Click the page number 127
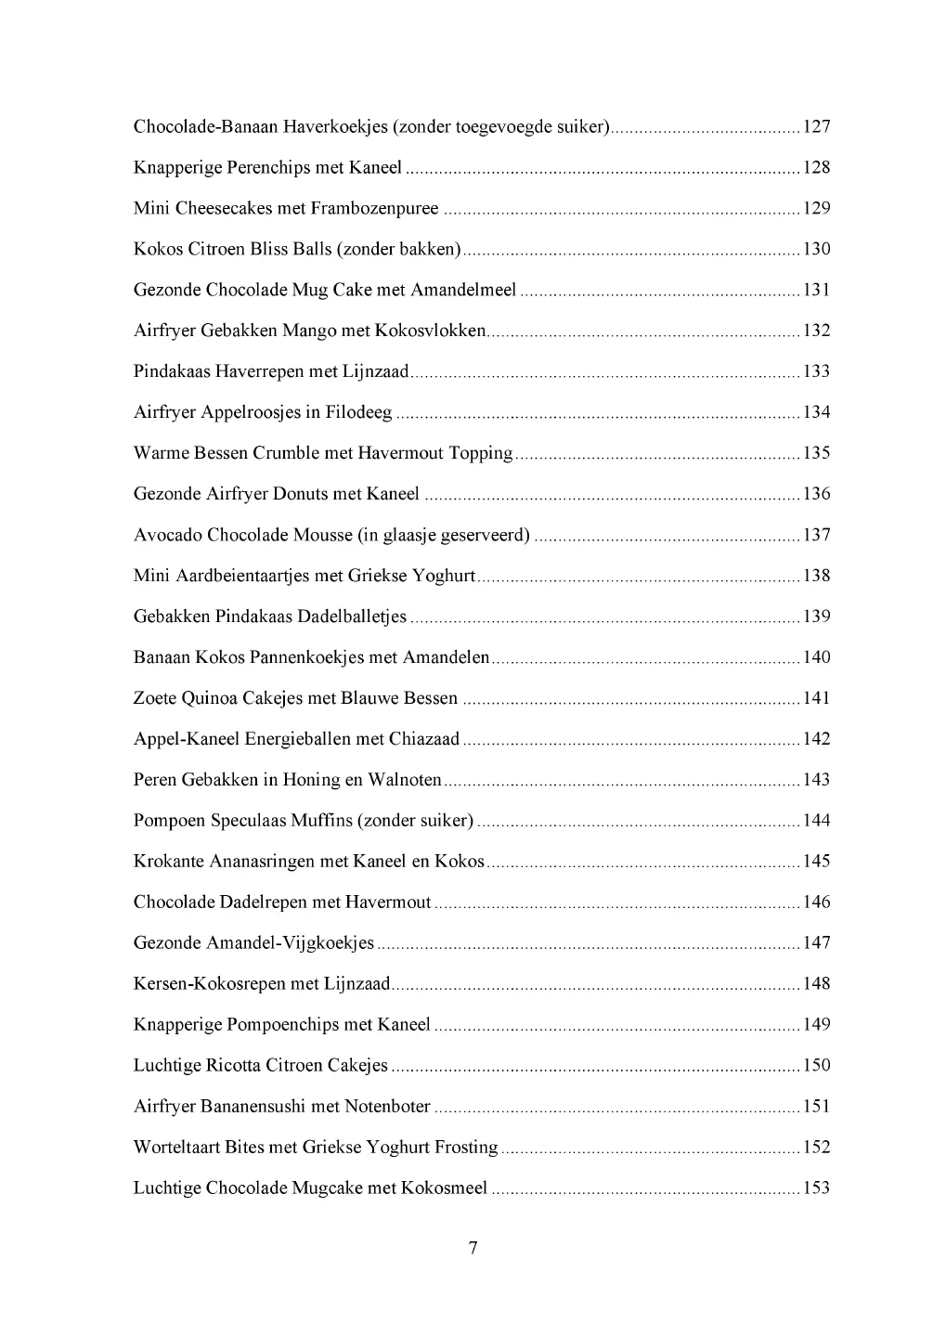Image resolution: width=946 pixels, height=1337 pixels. click(816, 127)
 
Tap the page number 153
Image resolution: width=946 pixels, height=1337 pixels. click(816, 1188)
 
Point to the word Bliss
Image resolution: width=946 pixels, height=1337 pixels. click(269, 250)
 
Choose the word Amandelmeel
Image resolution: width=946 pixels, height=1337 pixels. click(463, 291)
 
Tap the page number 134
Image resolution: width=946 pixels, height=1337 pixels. click(816, 412)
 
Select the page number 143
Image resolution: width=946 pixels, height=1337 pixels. click(816, 780)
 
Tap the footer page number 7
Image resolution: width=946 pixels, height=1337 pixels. click(473, 1248)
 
